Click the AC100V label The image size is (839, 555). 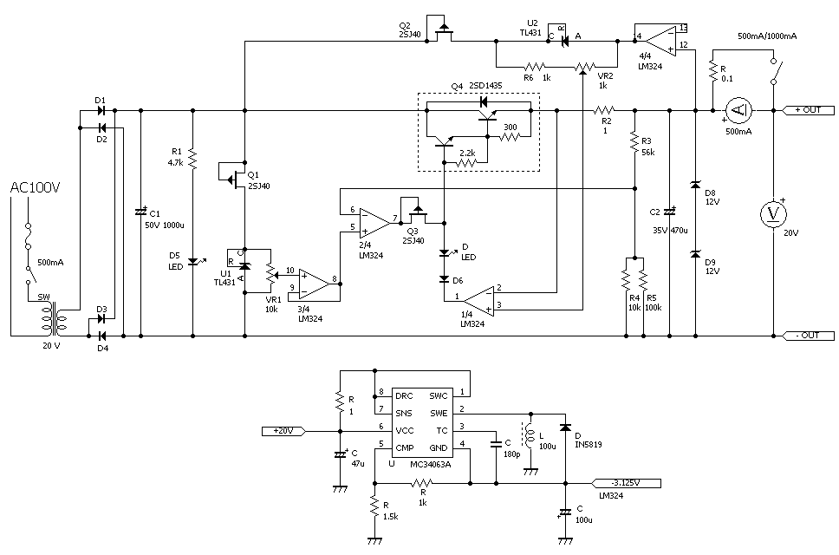tap(35, 187)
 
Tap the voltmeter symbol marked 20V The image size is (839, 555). tap(774, 214)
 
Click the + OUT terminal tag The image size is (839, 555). tap(809, 110)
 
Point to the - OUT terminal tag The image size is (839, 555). tap(809, 336)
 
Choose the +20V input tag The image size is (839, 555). tap(283, 430)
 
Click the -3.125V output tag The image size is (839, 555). tap(626, 483)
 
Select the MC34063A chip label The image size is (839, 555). tap(431, 465)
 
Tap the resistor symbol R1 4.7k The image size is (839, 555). tap(192, 159)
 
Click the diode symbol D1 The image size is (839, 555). tap(101, 111)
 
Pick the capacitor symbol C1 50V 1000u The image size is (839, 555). tap(140, 212)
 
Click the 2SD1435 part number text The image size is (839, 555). tap(485, 86)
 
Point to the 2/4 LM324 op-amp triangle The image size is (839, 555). tap(374, 223)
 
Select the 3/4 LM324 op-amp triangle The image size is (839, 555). tap(314, 284)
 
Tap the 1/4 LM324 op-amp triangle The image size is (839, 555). tap(479, 300)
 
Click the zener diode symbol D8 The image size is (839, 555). tap(696, 185)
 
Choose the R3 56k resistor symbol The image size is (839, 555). tap(635, 142)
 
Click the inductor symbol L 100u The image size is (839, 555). tap(530, 437)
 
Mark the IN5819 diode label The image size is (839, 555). tap(588, 444)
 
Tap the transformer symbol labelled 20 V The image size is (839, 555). tap(52, 319)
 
